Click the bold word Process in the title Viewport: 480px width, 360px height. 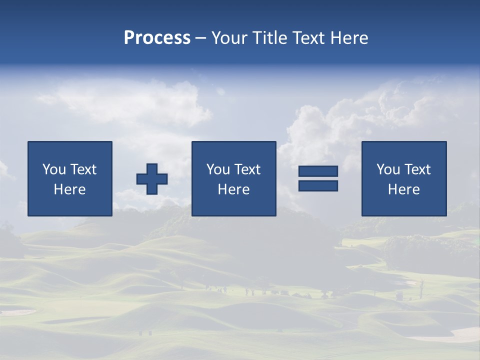tap(157, 38)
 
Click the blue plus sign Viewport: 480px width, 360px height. tap(152, 179)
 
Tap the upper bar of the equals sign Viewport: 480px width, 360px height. tap(318, 171)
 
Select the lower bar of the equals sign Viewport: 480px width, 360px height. tap(318, 185)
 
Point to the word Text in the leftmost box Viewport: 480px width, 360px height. tap(83, 169)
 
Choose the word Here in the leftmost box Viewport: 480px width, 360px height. tap(69, 189)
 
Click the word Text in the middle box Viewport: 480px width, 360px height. tap(247, 169)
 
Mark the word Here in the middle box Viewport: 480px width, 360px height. tap(233, 189)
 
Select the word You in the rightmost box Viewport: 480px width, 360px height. tap(389, 169)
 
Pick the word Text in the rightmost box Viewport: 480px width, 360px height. tap(417, 169)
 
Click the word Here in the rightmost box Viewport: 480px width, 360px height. tap(403, 189)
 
